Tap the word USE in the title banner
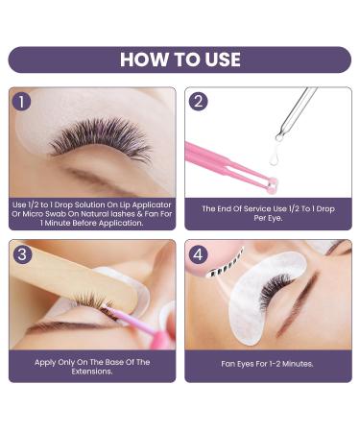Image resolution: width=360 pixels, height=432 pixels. (x=223, y=60)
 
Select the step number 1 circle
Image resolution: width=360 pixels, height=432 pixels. (x=22, y=102)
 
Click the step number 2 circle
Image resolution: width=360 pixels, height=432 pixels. (x=199, y=102)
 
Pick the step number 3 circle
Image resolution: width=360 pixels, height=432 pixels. (x=22, y=254)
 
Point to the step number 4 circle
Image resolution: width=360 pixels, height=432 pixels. (x=199, y=254)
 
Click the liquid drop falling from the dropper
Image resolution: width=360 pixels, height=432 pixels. (x=274, y=156)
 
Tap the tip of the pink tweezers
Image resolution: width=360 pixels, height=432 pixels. (x=272, y=185)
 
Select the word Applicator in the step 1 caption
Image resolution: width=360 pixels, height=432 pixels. (x=152, y=204)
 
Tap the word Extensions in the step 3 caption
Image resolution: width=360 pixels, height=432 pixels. (x=91, y=372)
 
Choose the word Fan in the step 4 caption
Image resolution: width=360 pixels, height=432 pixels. (x=228, y=364)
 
